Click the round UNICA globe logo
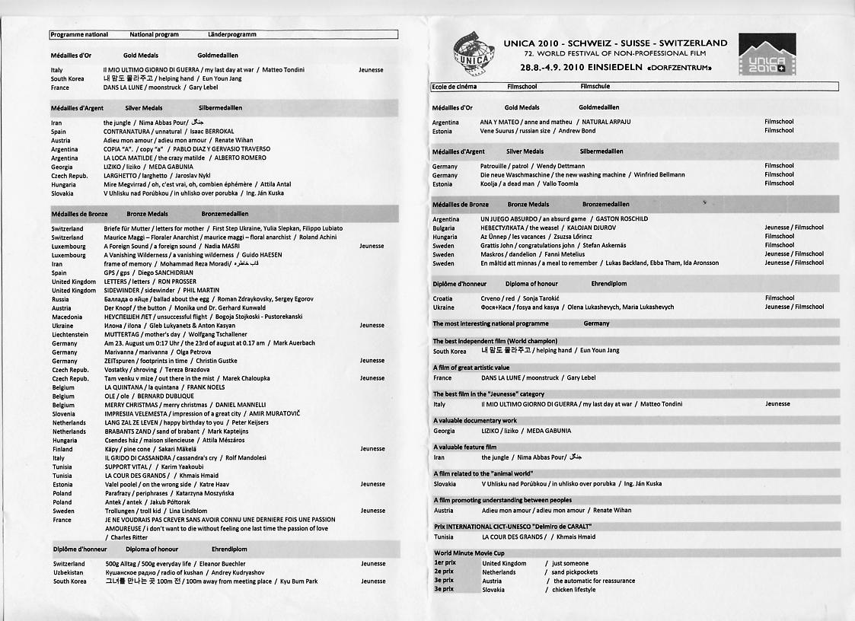coord(474,54)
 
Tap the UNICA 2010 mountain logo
coord(767,54)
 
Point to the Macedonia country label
coord(67,317)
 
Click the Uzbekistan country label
coord(69,572)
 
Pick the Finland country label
coord(62,449)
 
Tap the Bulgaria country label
coord(444,228)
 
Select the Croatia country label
coord(442,298)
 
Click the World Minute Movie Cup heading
coord(469,553)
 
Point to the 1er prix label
coord(445,563)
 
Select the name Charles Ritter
coord(129,537)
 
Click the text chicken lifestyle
coord(574,590)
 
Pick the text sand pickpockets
coord(575,572)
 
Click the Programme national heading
coord(79,34)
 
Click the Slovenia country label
coord(63,414)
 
